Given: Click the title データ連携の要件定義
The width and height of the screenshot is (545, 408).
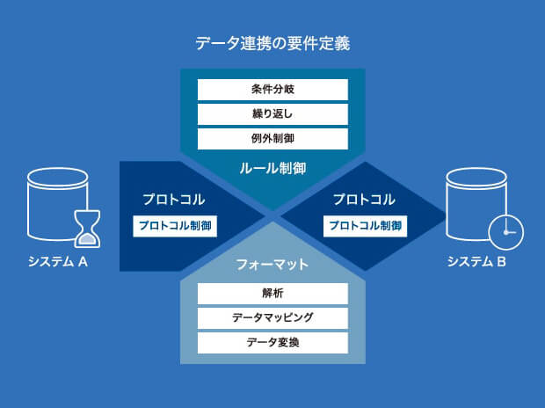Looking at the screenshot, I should pyautogui.click(x=272, y=42).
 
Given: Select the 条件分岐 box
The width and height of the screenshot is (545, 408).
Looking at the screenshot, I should pyautogui.click(x=272, y=90).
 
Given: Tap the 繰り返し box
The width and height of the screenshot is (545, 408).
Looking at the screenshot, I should pyautogui.click(x=272, y=114).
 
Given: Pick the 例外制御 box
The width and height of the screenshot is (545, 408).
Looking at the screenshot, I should pyautogui.click(x=272, y=139).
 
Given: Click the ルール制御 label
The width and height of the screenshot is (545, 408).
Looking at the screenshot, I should pyautogui.click(x=272, y=167).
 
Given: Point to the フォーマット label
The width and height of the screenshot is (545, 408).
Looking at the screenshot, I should pyautogui.click(x=272, y=264).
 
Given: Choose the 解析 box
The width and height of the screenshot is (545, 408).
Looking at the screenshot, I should pyautogui.click(x=272, y=293).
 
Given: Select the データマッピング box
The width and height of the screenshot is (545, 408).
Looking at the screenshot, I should pyautogui.click(x=272, y=317).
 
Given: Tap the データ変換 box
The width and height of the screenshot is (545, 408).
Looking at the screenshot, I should pyautogui.click(x=272, y=342).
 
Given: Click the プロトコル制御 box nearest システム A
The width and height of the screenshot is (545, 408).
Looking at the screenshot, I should pyautogui.click(x=175, y=226).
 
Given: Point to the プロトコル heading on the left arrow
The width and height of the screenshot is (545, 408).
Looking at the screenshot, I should pyautogui.click(x=173, y=200).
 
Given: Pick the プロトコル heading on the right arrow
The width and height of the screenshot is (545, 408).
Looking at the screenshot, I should pyautogui.click(x=364, y=200).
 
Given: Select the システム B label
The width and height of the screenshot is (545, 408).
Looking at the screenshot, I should pyautogui.click(x=476, y=261).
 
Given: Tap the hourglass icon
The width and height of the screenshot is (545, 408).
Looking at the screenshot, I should pyautogui.click(x=88, y=227).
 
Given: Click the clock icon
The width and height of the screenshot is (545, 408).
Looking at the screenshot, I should pyautogui.click(x=505, y=231).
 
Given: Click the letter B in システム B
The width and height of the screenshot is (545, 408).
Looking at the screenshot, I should pyautogui.click(x=501, y=261).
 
